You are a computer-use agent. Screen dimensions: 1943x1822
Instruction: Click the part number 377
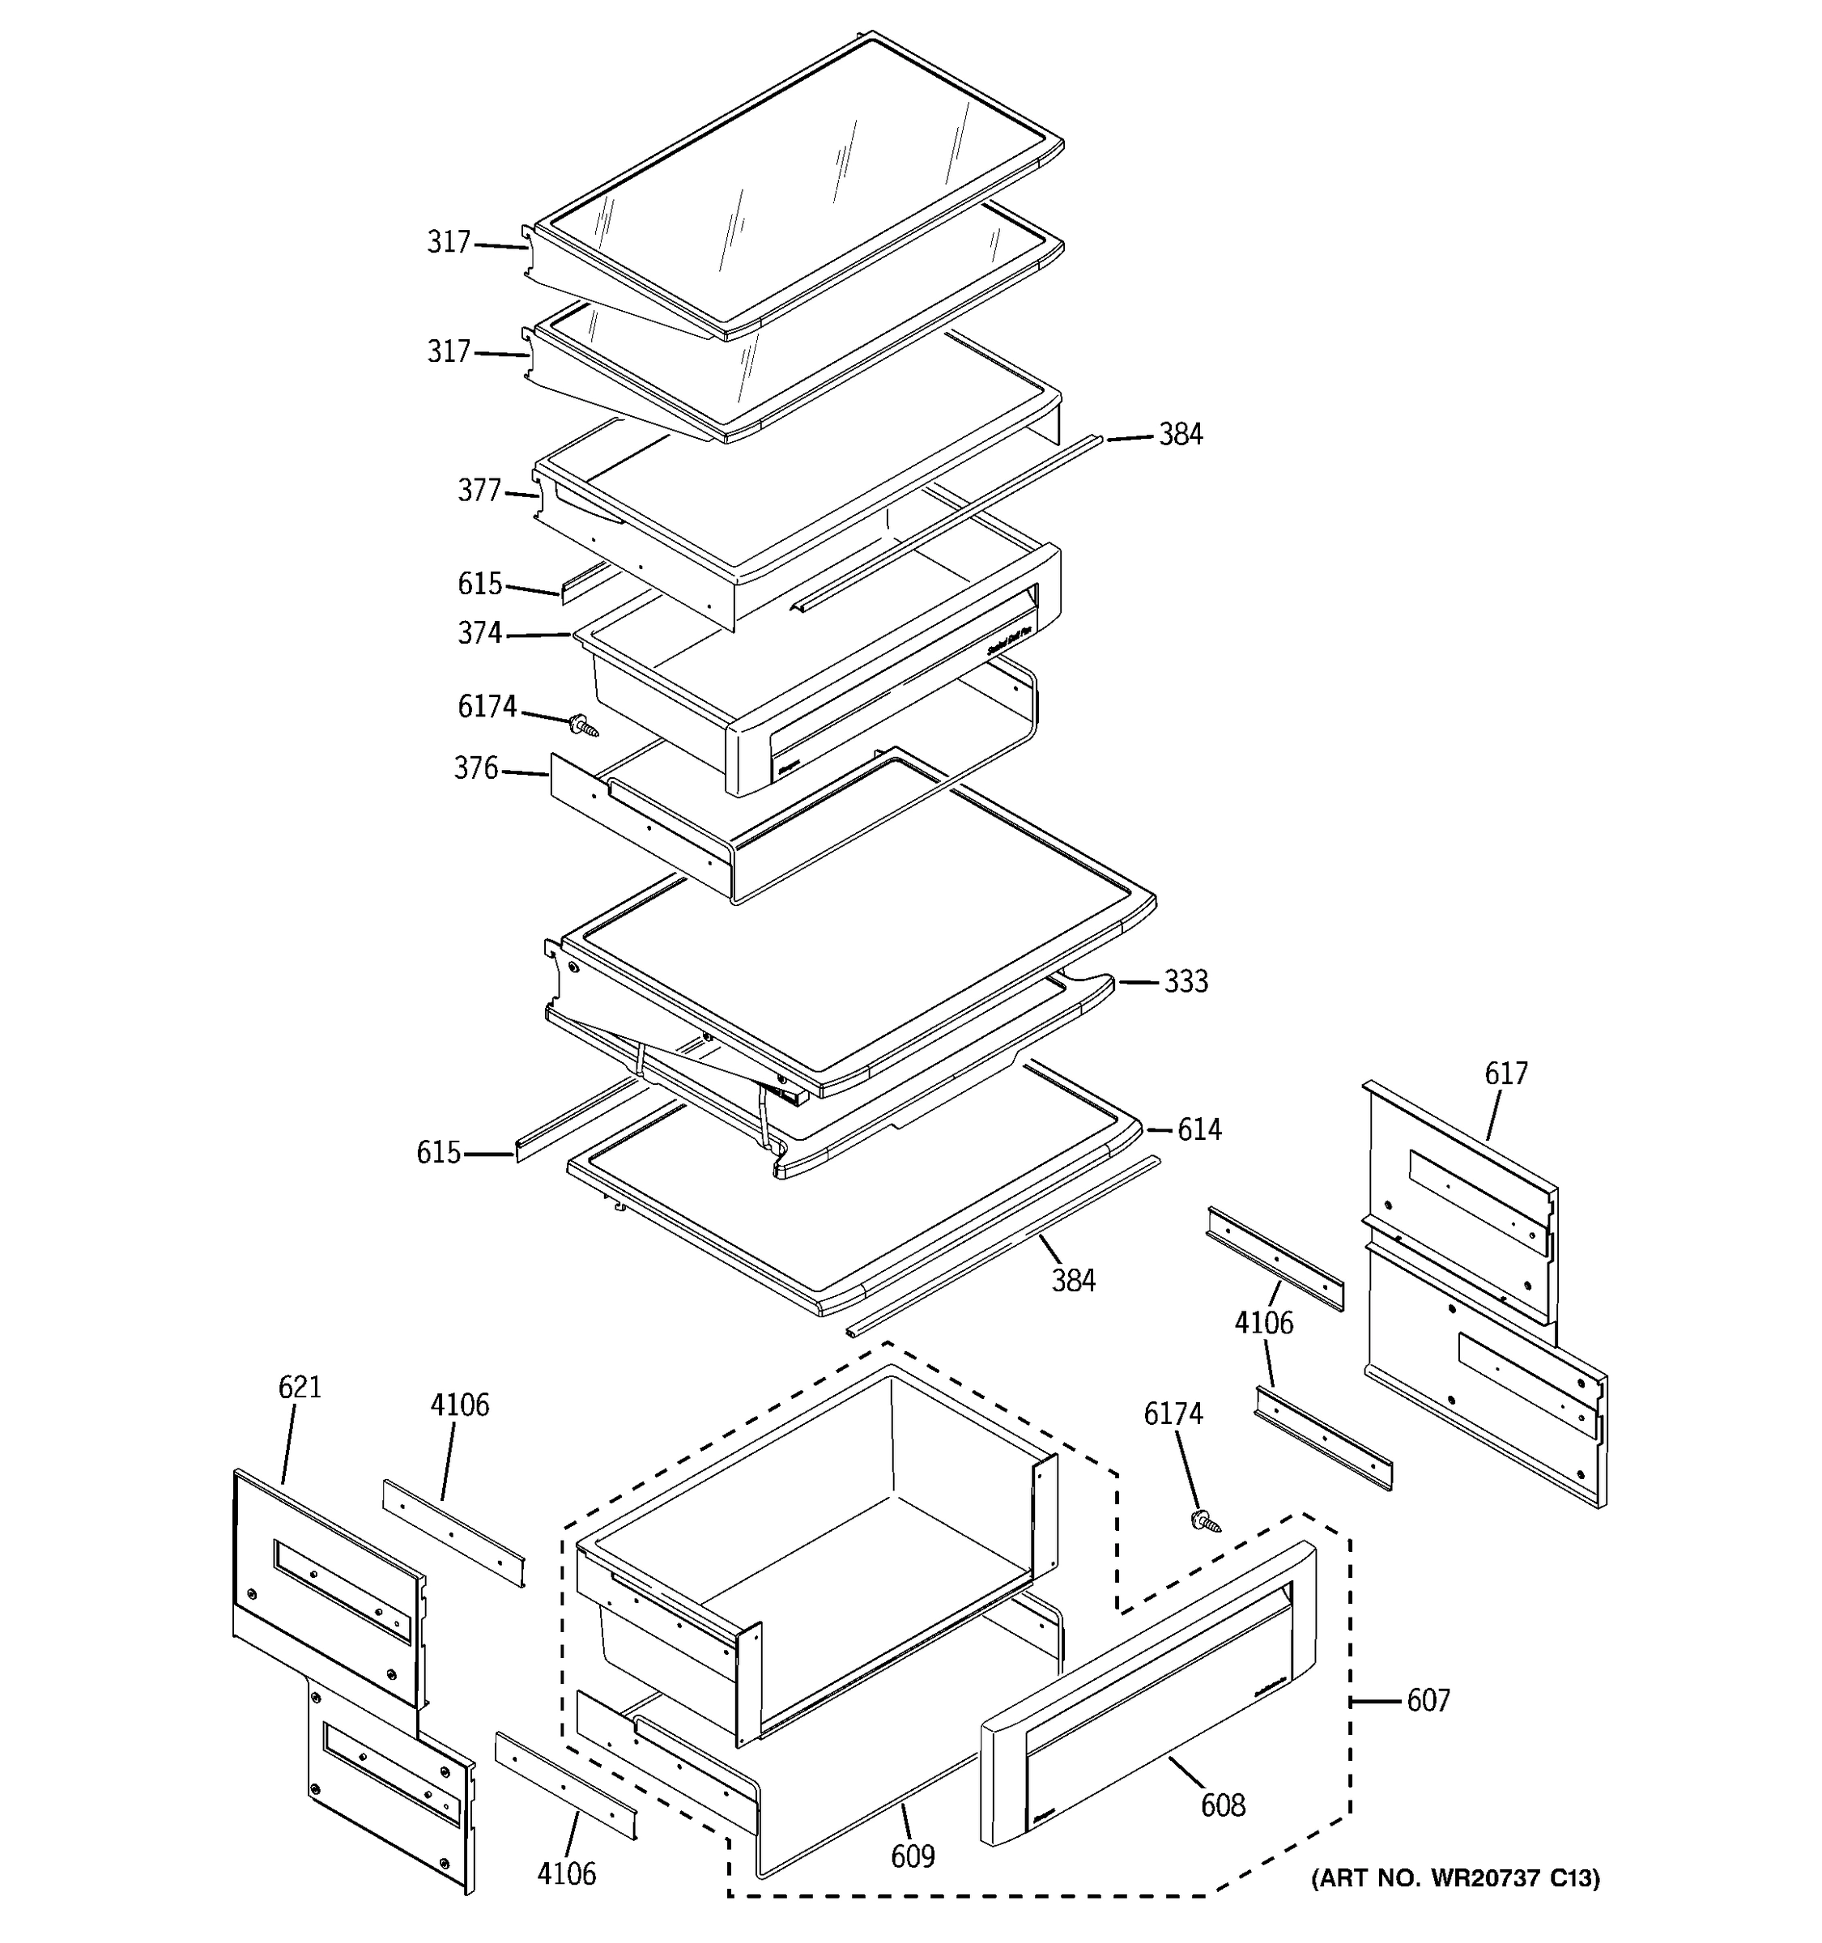tap(479, 491)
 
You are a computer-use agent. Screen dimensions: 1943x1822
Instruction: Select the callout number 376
tap(476, 768)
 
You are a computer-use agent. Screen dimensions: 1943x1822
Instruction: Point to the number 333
tap(1186, 980)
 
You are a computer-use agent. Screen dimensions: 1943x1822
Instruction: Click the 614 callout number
tap(1198, 1130)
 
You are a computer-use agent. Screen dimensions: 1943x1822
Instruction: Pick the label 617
tap(1505, 1074)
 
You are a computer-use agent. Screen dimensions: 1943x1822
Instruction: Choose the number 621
tap(299, 1387)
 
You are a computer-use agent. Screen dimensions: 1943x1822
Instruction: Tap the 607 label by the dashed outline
tap(1428, 1701)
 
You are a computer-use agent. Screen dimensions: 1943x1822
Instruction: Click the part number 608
tap(1223, 1805)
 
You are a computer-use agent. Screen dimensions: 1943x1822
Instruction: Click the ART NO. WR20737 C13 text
tap(1455, 1877)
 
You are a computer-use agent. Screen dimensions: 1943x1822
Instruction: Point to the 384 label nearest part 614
tap(1073, 1280)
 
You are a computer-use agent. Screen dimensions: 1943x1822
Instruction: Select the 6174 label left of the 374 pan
tap(487, 706)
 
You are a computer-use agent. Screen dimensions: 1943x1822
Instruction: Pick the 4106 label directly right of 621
tap(459, 1405)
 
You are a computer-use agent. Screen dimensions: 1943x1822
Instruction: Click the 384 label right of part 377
tap(1181, 435)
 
